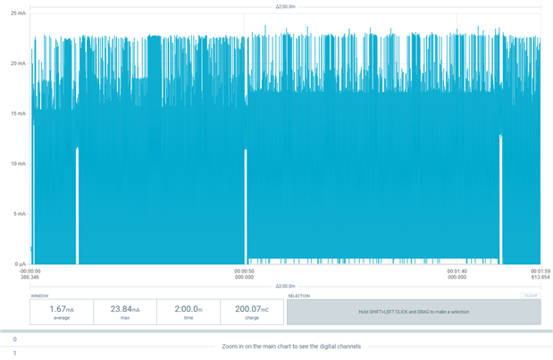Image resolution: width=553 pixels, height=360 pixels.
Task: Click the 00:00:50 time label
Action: click(x=245, y=272)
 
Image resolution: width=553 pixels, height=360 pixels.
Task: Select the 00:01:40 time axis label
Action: click(x=457, y=272)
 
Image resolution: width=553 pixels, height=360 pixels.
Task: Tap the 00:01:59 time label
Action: click(x=540, y=272)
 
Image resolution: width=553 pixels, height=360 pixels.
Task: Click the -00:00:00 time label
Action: click(x=30, y=272)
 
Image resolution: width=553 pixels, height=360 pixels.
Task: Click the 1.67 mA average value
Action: click(x=62, y=309)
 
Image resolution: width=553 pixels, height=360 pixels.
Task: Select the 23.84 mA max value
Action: click(x=125, y=309)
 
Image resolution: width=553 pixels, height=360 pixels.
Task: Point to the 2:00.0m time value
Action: click(x=189, y=309)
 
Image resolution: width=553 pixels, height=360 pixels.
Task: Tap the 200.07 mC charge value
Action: click(x=252, y=309)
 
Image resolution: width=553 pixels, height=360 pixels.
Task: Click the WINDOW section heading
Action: click(x=39, y=295)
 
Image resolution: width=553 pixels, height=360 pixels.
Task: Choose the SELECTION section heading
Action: click(x=298, y=295)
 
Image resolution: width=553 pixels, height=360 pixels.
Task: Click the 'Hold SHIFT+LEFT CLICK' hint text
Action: click(x=414, y=312)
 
